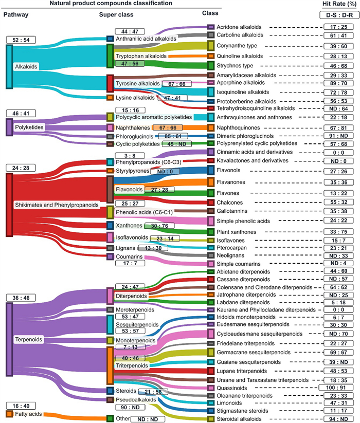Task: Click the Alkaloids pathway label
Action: coord(26,66)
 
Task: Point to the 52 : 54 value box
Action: coord(21,40)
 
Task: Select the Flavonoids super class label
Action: coord(129,190)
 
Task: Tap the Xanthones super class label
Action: coord(129,225)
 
